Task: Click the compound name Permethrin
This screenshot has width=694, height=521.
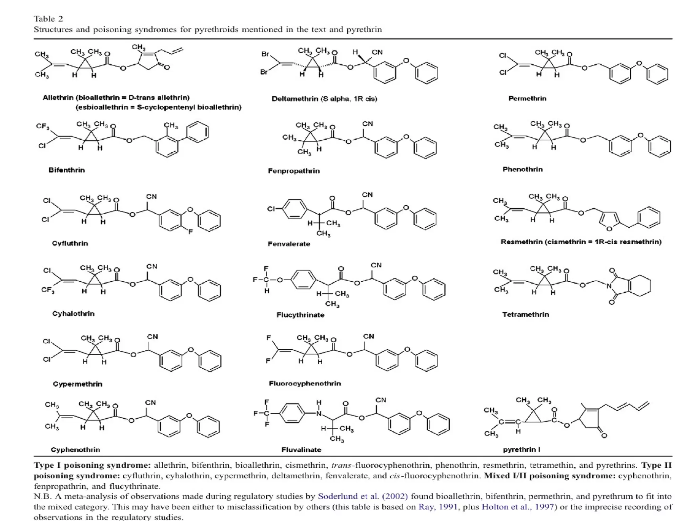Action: pos(527,98)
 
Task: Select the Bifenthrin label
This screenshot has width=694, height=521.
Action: pos(66,170)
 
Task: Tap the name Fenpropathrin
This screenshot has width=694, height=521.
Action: pos(293,171)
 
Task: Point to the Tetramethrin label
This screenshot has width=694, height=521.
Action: pos(525,314)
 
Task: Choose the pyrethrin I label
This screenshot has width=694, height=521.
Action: pos(521,449)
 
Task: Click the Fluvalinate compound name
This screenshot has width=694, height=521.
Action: pos(301,450)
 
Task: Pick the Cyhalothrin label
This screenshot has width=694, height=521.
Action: pos(73,313)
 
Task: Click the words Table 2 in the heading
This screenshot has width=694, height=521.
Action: pos(48,19)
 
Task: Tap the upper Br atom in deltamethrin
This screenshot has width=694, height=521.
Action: pos(265,54)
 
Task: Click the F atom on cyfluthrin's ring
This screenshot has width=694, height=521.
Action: pos(190,232)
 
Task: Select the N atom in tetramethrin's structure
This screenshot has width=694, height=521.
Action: pos(609,286)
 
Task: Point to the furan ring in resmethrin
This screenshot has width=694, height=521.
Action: pos(609,221)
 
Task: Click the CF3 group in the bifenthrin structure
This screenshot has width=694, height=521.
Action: pos(43,127)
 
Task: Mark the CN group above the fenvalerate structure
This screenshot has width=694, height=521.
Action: pos(367,195)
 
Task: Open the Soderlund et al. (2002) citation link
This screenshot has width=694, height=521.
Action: pos(363,496)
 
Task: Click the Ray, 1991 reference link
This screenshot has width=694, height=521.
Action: pos(437,507)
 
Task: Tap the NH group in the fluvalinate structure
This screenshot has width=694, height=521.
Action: pos(319,409)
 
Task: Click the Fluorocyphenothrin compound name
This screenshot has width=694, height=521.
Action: pos(305,383)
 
